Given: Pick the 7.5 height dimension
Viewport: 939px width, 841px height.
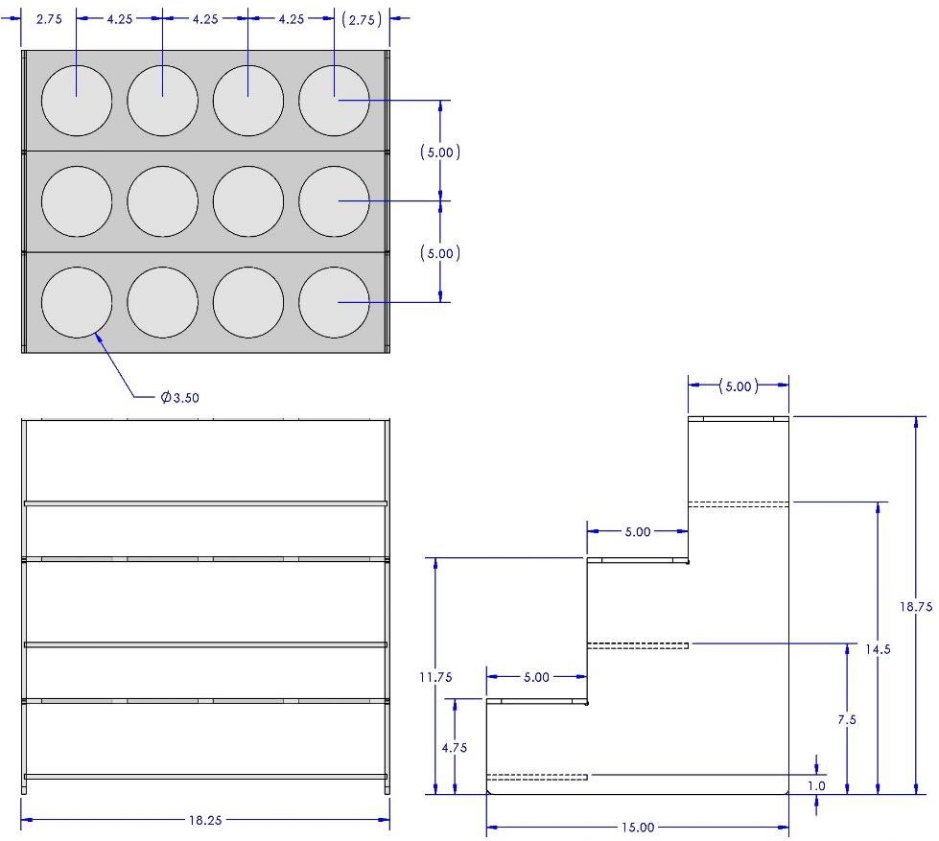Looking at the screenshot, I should [847, 719].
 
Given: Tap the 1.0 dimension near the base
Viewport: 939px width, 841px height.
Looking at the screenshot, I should [815, 785].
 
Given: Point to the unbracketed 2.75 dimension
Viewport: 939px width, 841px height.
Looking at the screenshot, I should [49, 18].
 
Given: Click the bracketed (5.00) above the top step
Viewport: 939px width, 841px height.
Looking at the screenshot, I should [739, 386].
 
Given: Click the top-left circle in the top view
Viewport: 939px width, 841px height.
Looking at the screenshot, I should [77, 101].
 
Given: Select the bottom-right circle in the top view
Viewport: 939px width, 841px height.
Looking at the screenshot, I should [334, 303].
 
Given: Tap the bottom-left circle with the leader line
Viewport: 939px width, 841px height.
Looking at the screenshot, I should [77, 303].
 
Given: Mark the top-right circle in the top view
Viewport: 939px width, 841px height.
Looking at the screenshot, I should [334, 101].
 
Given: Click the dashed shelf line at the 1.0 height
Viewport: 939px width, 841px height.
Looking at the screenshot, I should [537, 776].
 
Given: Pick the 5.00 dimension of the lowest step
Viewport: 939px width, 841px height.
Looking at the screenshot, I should [536, 677].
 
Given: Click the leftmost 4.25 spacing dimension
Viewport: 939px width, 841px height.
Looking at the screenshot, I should [119, 18].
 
